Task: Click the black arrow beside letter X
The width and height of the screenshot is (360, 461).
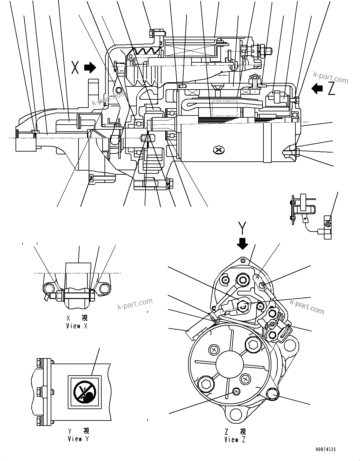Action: (x=90, y=67)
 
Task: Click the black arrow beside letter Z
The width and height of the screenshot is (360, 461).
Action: (x=317, y=88)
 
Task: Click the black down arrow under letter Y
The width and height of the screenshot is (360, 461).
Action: (x=243, y=243)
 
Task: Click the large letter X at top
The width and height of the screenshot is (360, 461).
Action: (x=75, y=67)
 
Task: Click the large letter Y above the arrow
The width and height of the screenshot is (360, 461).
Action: (x=242, y=227)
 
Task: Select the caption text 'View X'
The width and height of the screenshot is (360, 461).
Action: (x=77, y=326)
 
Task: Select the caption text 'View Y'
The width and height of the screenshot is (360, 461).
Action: (x=78, y=439)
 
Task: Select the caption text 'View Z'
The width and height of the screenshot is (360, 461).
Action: (x=235, y=439)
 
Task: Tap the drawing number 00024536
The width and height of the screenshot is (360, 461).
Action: (x=325, y=449)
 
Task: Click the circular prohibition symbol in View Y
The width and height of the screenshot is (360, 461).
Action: (x=84, y=391)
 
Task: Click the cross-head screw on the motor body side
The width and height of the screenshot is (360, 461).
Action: (x=218, y=150)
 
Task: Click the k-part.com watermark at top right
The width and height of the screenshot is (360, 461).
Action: (x=331, y=77)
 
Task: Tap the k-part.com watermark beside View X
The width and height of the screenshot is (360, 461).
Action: (x=135, y=304)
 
